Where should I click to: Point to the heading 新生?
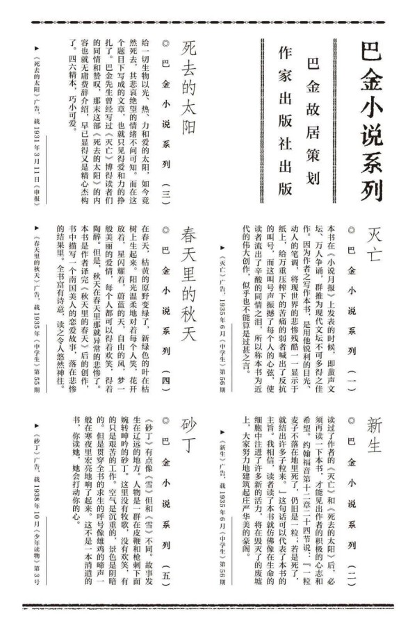pos(375,435)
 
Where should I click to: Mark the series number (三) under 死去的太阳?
pos(165,190)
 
